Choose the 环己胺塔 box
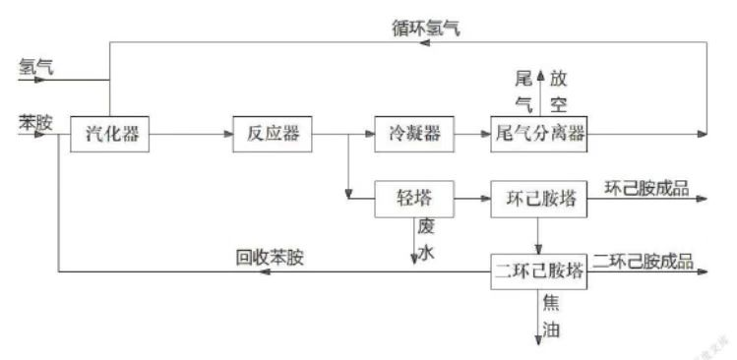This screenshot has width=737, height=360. coord(538,200)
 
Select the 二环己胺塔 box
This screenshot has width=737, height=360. coord(538,270)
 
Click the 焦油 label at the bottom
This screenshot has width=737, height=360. coord(551,318)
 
